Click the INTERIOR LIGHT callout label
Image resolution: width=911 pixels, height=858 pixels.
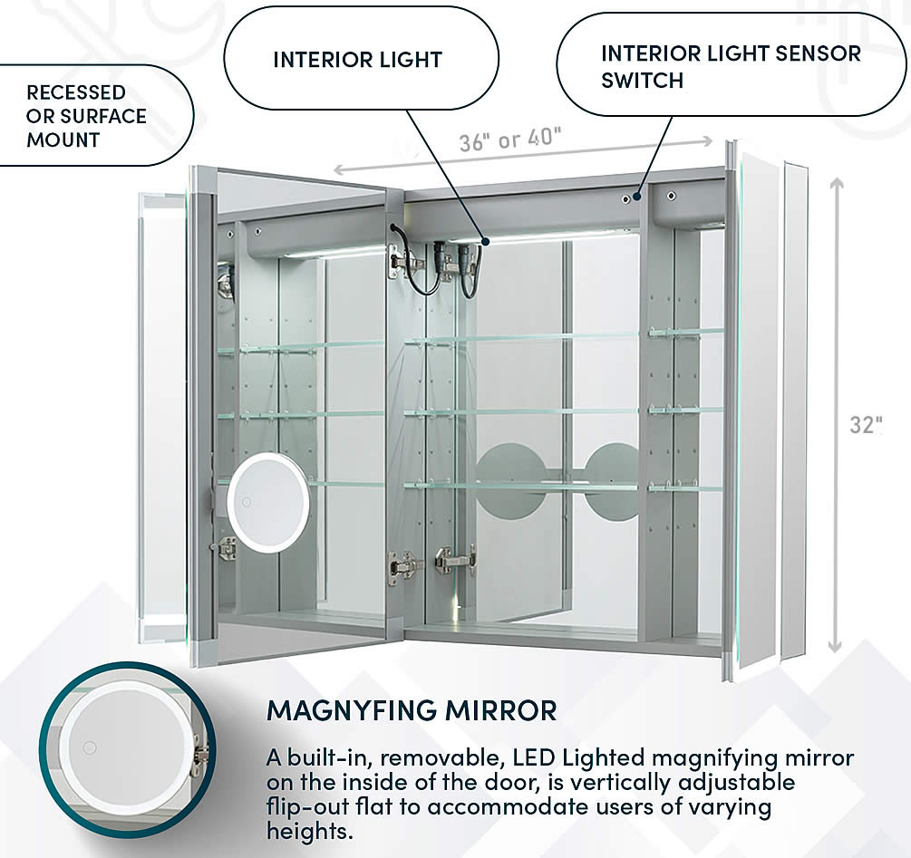tap(357, 61)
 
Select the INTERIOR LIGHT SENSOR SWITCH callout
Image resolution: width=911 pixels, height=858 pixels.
tap(731, 66)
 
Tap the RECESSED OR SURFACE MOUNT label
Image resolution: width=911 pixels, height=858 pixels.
tap(86, 116)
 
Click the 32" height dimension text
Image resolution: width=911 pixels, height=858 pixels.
tap(866, 425)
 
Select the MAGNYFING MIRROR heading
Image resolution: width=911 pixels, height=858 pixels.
tap(412, 710)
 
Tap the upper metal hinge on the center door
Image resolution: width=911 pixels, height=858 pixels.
tap(404, 264)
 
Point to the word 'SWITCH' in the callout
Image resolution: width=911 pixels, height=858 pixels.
tap(642, 80)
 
